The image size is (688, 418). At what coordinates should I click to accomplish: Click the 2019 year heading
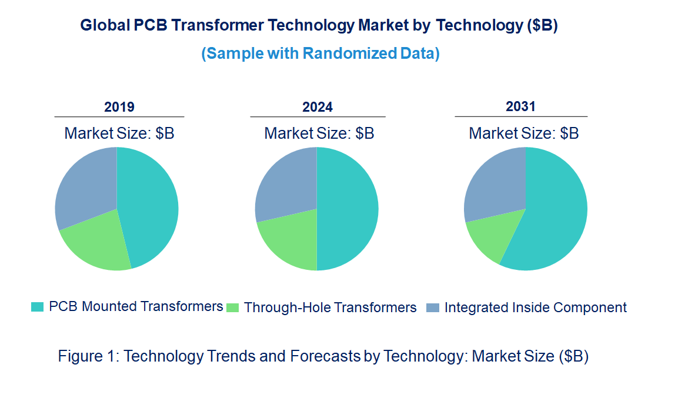pyautogui.click(x=119, y=107)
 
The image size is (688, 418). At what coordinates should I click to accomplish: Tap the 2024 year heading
pyautogui.click(x=318, y=107)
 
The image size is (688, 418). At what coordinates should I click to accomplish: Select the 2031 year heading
pyautogui.click(x=521, y=106)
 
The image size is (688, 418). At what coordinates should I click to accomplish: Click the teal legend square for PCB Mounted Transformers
pyautogui.click(x=37, y=307)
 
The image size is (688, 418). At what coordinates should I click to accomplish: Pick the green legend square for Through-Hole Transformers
pyautogui.click(x=233, y=307)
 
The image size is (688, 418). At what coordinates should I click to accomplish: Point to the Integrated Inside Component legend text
pyautogui.click(x=535, y=307)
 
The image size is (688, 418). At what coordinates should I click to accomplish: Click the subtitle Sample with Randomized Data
pyautogui.click(x=320, y=53)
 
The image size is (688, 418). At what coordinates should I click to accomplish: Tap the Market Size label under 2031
pyautogui.click(x=523, y=133)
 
